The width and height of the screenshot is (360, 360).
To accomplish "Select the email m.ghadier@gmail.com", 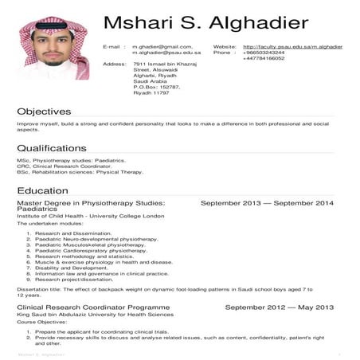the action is click(162, 47).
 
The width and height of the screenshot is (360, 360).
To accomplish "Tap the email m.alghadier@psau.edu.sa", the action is click(166, 53).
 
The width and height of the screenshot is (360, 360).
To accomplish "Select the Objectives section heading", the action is click(44, 112).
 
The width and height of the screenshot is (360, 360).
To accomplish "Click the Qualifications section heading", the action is click(51, 148).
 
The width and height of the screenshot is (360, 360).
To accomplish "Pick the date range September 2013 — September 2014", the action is click(267, 204).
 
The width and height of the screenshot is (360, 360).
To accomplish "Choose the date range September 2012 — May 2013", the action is click(279, 307).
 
